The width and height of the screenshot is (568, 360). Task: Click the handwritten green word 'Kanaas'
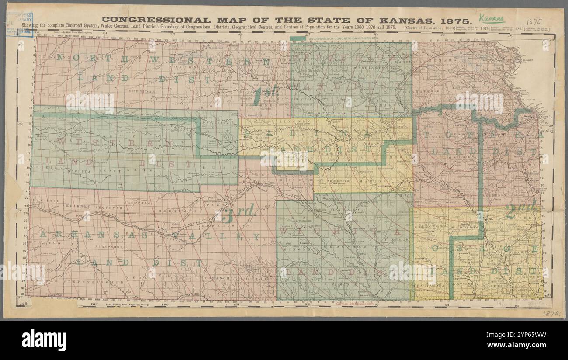(x=491, y=18)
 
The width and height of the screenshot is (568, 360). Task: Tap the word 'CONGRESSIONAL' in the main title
(x=156, y=20)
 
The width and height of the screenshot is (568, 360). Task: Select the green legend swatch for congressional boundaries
(x=298, y=38)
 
